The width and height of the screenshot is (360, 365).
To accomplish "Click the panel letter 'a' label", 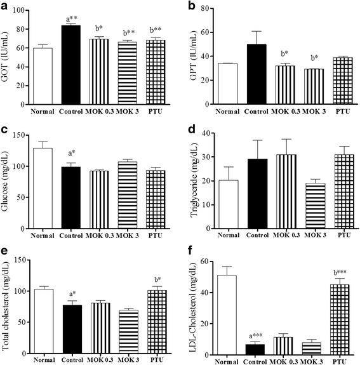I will click(5, 6).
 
